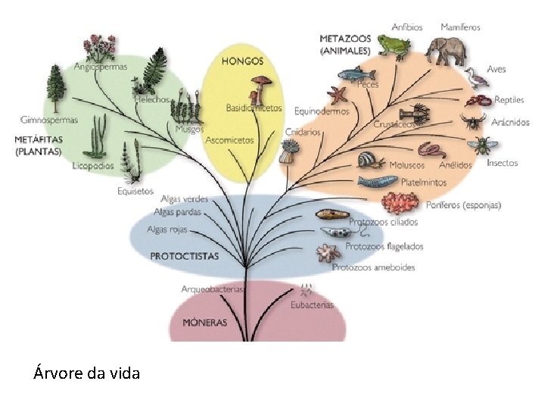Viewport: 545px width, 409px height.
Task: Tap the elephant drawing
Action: [x=446, y=50]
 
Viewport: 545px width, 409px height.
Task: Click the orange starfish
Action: [x=338, y=96]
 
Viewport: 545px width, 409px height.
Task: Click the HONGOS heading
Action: [x=242, y=60]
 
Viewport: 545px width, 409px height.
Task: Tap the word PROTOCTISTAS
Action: [x=184, y=256]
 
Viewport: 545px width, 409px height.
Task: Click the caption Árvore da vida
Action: [x=86, y=373]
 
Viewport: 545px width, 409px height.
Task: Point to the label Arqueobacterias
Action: [x=213, y=289]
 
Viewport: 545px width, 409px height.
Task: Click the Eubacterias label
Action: [x=311, y=305]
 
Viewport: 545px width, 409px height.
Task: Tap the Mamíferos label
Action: [x=460, y=27]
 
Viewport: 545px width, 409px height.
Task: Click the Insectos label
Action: [x=503, y=163]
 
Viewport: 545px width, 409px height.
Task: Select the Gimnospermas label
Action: [x=49, y=120]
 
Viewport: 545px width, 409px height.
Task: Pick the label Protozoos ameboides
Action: [x=373, y=267]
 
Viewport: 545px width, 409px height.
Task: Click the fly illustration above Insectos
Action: [x=481, y=144]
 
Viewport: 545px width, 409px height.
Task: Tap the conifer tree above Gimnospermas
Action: [x=56, y=86]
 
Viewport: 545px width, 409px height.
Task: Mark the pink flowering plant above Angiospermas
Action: [x=99, y=48]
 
